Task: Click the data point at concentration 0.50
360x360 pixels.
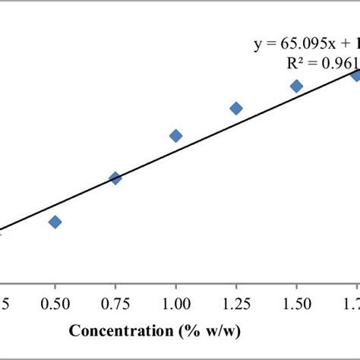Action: [55, 222]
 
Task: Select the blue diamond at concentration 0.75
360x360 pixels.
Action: [115, 178]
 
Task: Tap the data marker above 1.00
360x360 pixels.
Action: [175, 136]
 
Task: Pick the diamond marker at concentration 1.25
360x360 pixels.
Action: [236, 109]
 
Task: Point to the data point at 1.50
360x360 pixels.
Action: [296, 86]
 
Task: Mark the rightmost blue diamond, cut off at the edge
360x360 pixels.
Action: [355, 74]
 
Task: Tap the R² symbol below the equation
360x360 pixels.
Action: [300, 64]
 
